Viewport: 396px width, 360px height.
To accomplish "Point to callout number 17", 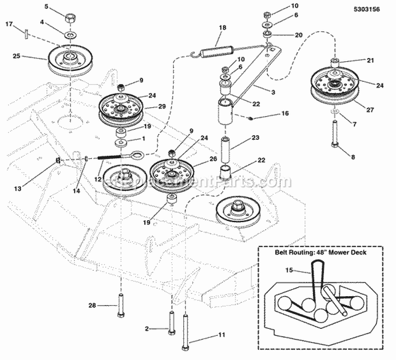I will [9, 24].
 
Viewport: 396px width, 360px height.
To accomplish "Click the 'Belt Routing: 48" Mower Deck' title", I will [321, 252].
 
